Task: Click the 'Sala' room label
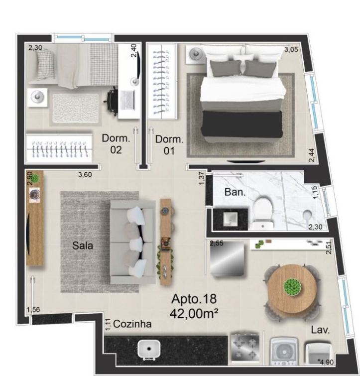[83, 246]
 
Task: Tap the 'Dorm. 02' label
[116, 144]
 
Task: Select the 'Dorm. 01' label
[169, 145]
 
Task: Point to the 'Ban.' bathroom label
[235, 192]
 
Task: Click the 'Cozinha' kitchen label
[132, 324]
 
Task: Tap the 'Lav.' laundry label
[320, 330]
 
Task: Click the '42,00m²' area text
[194, 313]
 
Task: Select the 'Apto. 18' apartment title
[194, 299]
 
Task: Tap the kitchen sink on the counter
[149, 349]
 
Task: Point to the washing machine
[284, 351]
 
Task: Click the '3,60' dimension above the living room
[85, 175]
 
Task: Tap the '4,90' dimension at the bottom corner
[327, 362]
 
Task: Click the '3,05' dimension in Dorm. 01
[291, 50]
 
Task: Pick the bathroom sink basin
[231, 219]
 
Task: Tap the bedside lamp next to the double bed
[196, 54]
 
